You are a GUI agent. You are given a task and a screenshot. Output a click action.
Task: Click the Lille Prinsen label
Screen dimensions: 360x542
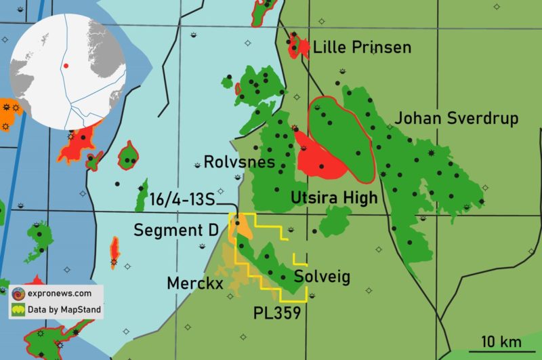[362, 47]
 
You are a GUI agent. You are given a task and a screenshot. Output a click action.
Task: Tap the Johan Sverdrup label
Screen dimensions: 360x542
[457, 119]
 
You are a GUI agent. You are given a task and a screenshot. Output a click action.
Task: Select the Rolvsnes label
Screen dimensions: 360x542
[239, 163]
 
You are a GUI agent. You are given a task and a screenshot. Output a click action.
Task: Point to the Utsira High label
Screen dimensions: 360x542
[329, 197]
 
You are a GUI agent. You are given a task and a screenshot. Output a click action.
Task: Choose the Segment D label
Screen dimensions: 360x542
[175, 230]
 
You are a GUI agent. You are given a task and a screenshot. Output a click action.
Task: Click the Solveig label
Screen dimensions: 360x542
[322, 277]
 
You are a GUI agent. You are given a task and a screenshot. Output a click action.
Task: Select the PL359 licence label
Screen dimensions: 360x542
[277, 313]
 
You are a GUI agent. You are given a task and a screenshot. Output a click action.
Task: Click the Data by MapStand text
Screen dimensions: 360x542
[64, 311]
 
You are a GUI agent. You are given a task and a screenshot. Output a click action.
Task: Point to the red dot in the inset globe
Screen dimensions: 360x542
[66, 66]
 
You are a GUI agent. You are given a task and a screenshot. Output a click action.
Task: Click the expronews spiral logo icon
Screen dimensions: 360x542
[18, 294]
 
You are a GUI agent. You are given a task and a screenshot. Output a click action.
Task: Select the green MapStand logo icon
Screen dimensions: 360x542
[18, 311]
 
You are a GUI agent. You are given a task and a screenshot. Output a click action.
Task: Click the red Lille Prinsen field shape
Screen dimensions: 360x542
[295, 45]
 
